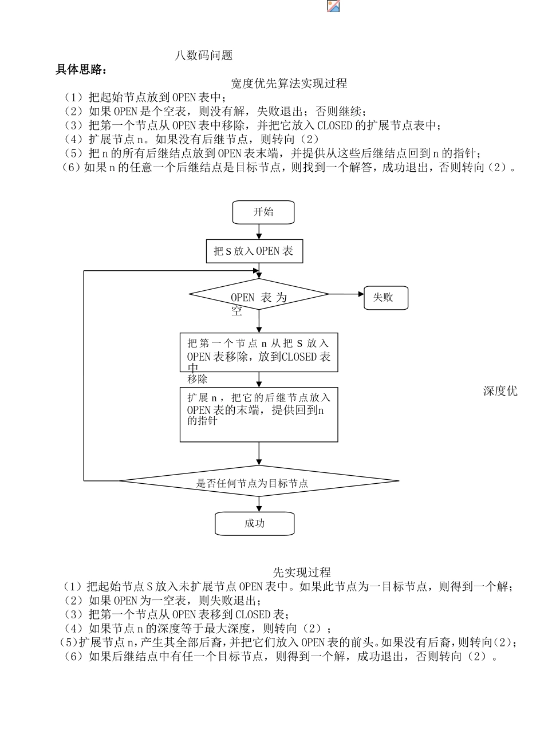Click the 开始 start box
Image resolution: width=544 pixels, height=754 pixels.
263,212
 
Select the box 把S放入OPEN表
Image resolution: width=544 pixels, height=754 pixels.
254,251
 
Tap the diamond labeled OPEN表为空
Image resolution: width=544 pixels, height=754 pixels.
259,295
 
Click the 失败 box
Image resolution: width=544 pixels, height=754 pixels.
386,298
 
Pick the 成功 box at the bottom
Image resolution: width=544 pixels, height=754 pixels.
254,523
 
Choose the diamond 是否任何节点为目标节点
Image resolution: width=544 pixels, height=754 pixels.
258,481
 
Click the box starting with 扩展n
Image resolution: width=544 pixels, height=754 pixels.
259,414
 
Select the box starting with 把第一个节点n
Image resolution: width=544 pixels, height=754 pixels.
259,352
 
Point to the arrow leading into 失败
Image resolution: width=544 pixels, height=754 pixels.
346,294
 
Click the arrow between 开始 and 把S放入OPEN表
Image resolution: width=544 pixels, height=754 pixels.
259,231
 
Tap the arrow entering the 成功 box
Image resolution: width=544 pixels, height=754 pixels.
259,504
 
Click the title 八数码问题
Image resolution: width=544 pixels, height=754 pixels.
204,56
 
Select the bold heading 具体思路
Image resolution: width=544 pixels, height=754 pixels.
81,70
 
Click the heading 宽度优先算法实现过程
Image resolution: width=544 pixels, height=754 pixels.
289,84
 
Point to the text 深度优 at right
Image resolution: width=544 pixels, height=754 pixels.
500,391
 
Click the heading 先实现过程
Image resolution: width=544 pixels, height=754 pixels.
301,573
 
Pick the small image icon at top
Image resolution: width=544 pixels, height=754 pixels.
333,6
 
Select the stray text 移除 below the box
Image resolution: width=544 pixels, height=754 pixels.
197,379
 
